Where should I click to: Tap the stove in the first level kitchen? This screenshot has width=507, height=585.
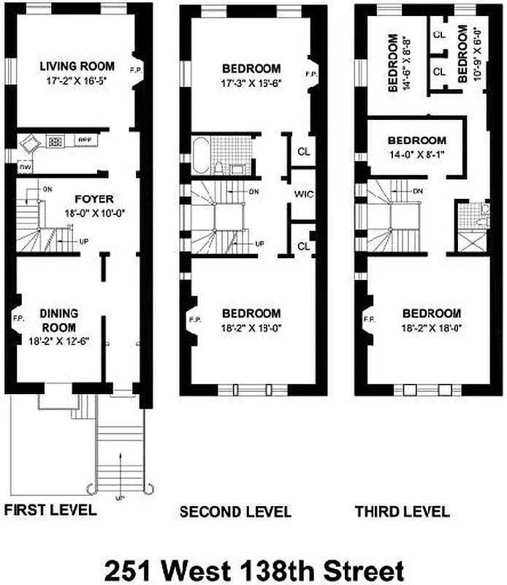point(56,142)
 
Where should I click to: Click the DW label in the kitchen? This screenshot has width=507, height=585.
point(25,167)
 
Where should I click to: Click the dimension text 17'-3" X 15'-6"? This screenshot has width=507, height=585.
point(252,83)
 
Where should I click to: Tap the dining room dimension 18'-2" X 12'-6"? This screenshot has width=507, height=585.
point(59,341)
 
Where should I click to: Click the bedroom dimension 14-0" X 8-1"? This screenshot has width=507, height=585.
point(416,155)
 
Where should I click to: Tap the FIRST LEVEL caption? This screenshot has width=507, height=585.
point(50,510)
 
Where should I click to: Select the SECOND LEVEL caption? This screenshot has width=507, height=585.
point(235,511)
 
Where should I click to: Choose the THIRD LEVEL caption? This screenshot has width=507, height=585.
point(402,511)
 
